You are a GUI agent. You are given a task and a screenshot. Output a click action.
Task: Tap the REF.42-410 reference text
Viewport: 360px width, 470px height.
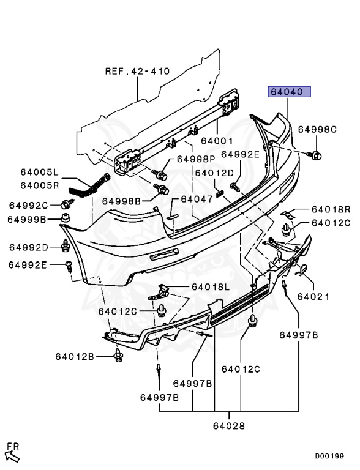click(137, 71)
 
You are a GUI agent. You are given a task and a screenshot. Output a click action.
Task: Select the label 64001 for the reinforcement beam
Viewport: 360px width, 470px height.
click(217, 141)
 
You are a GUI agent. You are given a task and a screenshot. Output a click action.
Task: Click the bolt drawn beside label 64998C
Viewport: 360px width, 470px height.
click(314, 155)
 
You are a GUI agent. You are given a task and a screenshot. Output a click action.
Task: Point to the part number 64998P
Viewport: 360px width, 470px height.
click(196, 159)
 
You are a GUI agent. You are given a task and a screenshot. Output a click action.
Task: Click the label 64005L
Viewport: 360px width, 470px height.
click(39, 172)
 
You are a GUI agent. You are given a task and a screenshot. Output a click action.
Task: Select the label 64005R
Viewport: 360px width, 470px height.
click(40, 185)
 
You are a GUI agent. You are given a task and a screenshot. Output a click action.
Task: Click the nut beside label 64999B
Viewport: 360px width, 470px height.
click(66, 218)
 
